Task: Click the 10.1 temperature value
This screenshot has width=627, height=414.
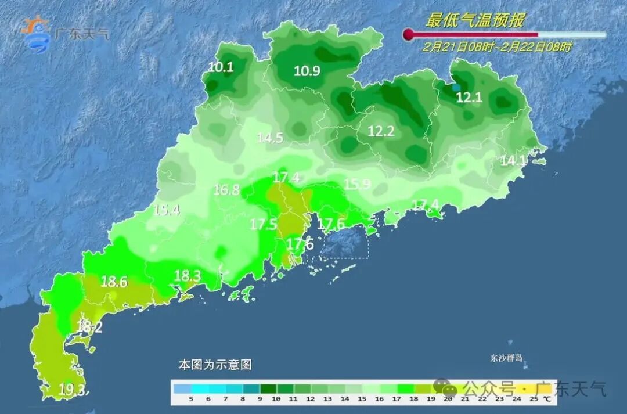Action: coord(221,67)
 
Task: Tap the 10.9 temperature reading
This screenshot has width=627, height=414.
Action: coord(307,71)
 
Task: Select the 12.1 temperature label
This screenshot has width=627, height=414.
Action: coord(469,98)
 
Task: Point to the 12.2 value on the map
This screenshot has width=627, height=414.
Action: coord(381,132)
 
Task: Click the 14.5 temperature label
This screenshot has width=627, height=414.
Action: coord(270,138)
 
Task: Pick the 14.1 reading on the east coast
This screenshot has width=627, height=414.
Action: coord(513,161)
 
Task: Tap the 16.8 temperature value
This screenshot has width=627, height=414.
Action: coord(226,189)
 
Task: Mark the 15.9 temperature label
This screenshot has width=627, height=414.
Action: coord(357,185)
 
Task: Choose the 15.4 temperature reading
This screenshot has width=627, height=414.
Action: coord(167,210)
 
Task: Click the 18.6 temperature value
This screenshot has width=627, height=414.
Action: coord(114,282)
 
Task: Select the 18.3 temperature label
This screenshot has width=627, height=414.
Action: coord(187,276)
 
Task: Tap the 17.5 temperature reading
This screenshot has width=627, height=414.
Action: coord(263,224)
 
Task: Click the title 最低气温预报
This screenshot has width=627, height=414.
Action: coord(475,21)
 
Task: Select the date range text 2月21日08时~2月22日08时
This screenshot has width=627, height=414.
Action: coord(497,47)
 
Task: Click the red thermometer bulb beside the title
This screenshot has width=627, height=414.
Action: coord(409,35)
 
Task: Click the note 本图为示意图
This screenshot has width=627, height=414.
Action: coord(215,365)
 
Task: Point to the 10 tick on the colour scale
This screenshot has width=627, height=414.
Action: coord(276,399)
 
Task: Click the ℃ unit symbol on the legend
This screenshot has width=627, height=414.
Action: coord(547,399)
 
